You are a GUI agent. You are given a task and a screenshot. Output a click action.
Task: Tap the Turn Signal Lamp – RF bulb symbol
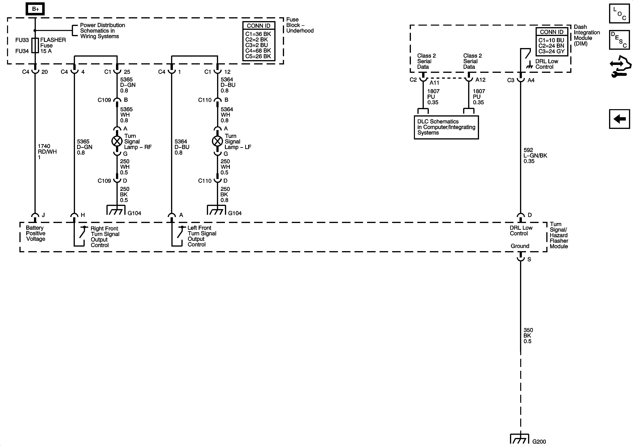(x=117, y=141)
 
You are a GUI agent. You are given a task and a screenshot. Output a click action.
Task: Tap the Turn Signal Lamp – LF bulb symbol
(x=217, y=141)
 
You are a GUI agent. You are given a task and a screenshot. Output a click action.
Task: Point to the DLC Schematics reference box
(x=446, y=127)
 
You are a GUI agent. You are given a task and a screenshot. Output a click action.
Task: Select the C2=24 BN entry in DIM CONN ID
(x=551, y=46)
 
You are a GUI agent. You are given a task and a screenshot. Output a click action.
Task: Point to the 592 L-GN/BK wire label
(x=535, y=156)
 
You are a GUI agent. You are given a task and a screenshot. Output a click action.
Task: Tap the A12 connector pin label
(x=480, y=80)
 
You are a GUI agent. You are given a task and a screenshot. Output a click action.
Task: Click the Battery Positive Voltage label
(x=35, y=233)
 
